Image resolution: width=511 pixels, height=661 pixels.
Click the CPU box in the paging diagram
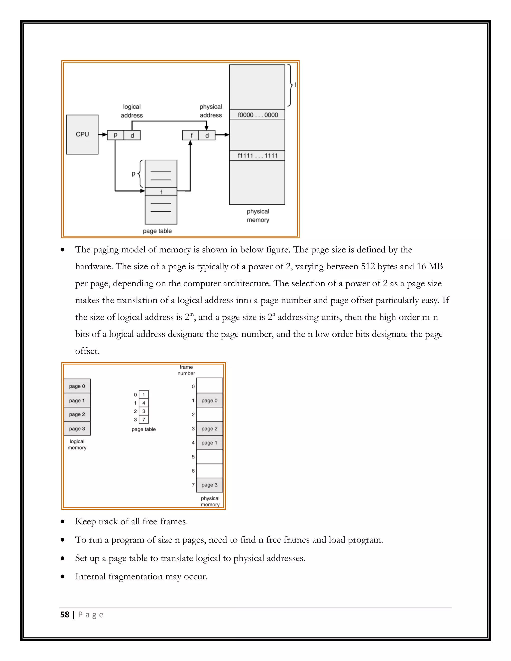tap(82, 134)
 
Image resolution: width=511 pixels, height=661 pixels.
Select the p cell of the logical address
tap(115, 135)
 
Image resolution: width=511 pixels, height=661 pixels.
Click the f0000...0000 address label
tap(257, 115)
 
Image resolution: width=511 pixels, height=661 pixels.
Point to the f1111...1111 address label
tap(257, 156)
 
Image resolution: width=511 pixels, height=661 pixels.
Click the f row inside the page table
tap(161, 192)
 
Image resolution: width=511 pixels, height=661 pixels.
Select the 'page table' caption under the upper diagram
tap(157, 231)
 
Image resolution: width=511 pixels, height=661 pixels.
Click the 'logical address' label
tap(132, 111)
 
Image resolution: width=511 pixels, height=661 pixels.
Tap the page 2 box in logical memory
tap(77, 414)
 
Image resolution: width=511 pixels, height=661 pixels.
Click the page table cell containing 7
tap(144, 420)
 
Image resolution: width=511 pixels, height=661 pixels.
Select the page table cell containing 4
tap(144, 403)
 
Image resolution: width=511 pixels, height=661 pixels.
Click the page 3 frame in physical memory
tap(210, 485)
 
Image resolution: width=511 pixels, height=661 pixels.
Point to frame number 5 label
tap(193, 457)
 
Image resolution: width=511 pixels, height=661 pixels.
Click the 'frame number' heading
tap(186, 370)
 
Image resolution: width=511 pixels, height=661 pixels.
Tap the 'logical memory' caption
tap(77, 444)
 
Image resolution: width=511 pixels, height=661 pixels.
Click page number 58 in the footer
tap(65, 615)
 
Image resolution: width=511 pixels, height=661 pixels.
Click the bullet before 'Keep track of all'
tap(63, 522)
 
